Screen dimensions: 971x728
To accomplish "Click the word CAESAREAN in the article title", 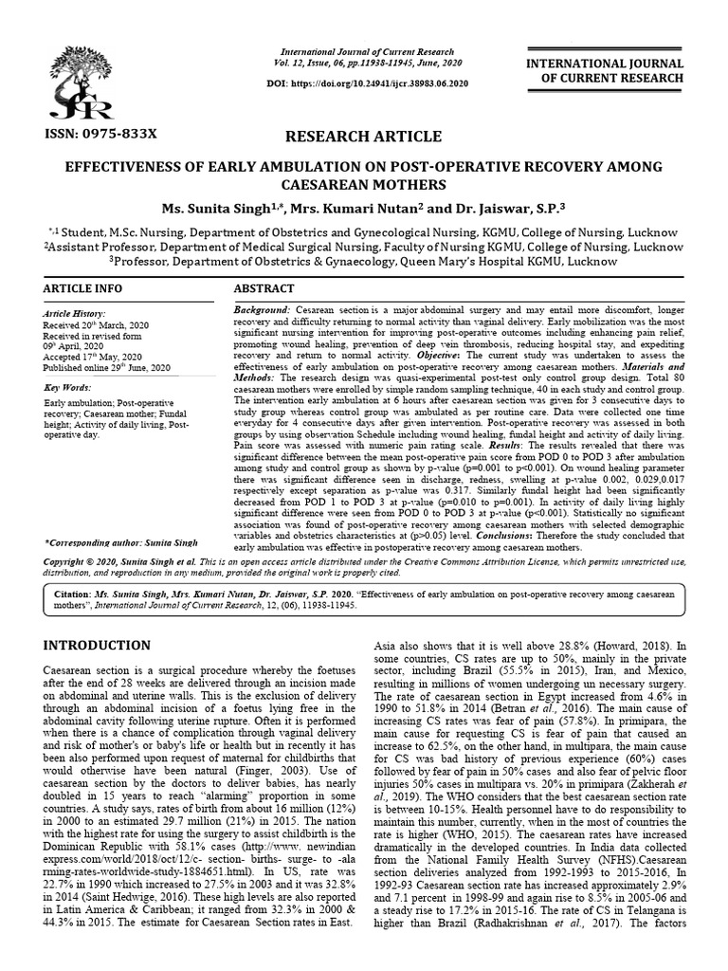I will (364, 183).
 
